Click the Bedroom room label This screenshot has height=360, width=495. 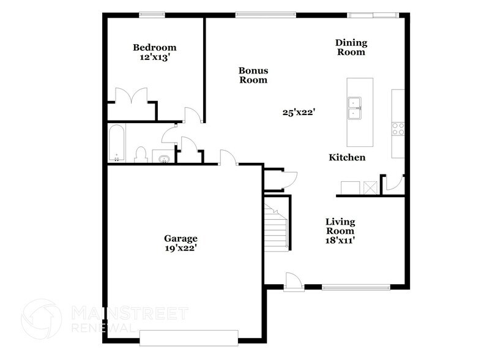[155, 48]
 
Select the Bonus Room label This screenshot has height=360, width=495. [253, 75]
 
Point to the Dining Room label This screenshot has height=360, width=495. [351, 47]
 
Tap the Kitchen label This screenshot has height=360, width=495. [347, 158]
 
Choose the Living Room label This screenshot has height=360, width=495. [340, 226]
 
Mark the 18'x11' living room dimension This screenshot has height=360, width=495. [340, 241]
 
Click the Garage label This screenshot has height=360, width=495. [180, 238]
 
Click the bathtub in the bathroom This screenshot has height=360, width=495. [116, 144]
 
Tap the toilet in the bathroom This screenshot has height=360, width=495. [140, 155]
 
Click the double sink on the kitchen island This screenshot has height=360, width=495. [354, 109]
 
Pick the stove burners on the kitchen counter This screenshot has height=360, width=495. [398, 129]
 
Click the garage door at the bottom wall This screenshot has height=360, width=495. [188, 338]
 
